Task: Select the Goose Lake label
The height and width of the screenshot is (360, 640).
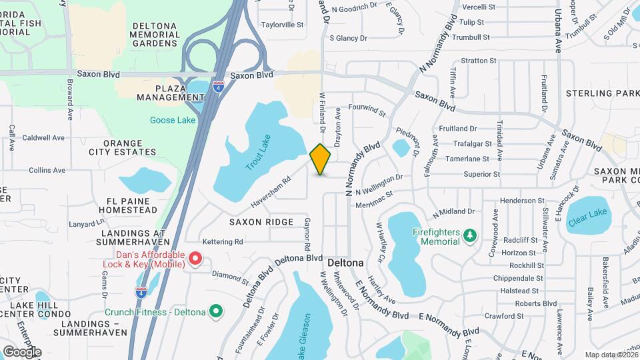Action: coord(173,120)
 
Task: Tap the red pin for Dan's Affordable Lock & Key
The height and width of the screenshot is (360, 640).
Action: coord(195,257)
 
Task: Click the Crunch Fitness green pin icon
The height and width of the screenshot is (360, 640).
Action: coord(215,311)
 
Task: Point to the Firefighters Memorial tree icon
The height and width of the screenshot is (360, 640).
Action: coord(470,235)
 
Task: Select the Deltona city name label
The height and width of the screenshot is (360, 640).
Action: coord(345,263)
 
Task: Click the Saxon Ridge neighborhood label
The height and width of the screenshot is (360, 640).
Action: coord(261,221)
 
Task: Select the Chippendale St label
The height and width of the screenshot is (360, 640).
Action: coord(518,278)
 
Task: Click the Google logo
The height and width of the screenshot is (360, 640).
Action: coord(22,351)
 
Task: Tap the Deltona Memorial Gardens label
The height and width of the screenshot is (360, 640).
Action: coord(155,35)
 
